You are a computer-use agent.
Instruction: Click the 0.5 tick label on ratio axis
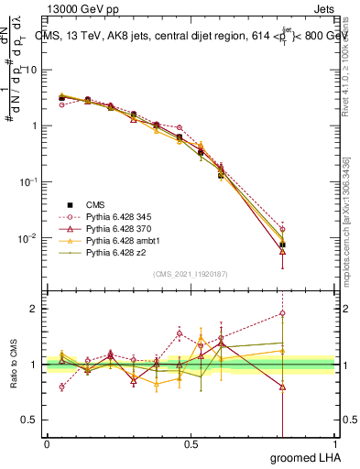[33, 420]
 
